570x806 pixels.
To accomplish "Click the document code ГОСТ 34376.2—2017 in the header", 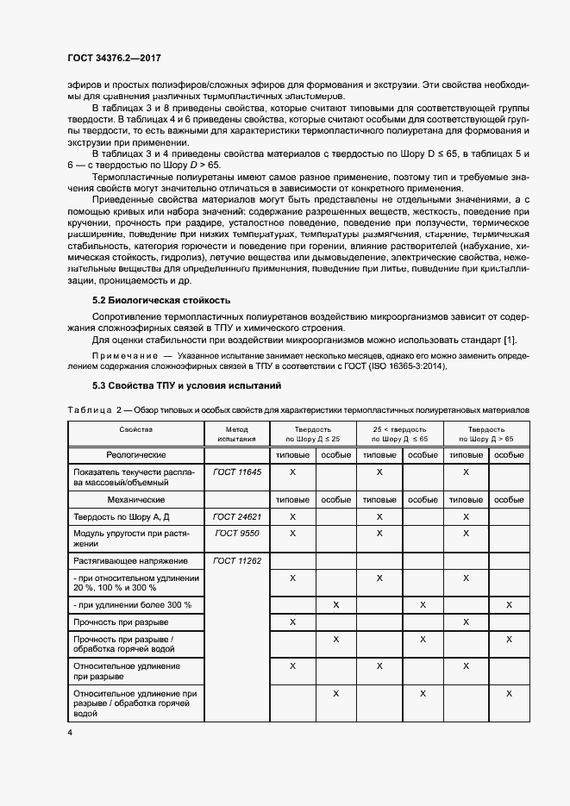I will [114, 58].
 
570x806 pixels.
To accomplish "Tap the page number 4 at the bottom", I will [70, 732].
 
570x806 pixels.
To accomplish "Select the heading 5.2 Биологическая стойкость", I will [161, 300].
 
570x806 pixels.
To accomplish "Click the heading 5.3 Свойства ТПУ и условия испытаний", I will [186, 385].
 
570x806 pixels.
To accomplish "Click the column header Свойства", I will [136, 428].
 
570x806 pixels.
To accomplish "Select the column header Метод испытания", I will [236, 434].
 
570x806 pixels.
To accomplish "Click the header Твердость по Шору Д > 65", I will [486, 434].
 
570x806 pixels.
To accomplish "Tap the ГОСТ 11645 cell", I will [236, 472].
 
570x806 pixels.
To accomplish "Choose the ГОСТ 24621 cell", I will [236, 515].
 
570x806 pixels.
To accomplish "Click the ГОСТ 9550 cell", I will [236, 534].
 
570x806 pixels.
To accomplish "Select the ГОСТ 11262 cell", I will [236, 560].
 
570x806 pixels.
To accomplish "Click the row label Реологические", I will [136, 454].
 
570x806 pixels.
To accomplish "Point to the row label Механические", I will [136, 498].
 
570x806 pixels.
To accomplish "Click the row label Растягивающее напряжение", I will [125, 560].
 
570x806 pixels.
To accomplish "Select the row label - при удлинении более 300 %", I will [133, 605].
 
